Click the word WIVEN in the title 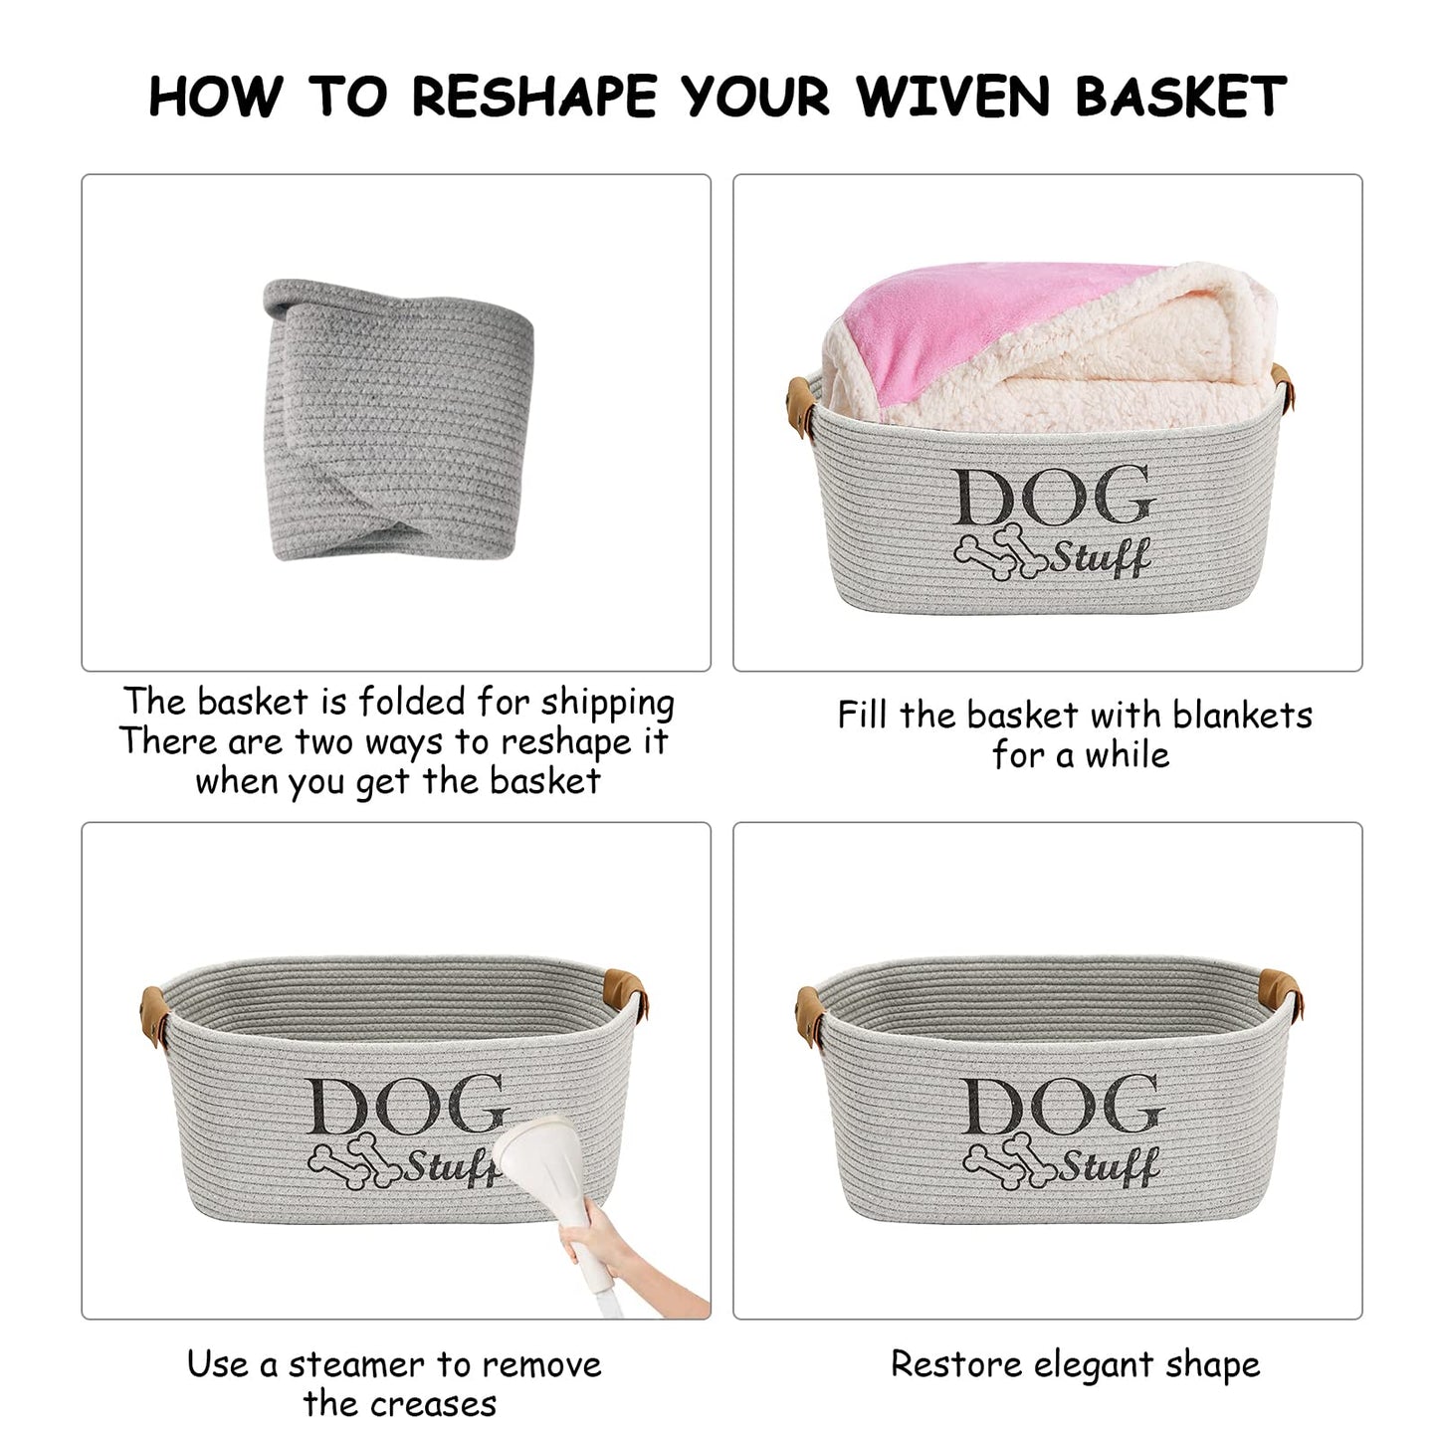[953, 97]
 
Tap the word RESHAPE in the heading [534, 97]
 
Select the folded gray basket [398, 418]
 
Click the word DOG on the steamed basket [406, 1106]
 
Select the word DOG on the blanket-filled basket [1053, 497]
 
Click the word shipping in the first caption [607, 703]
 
